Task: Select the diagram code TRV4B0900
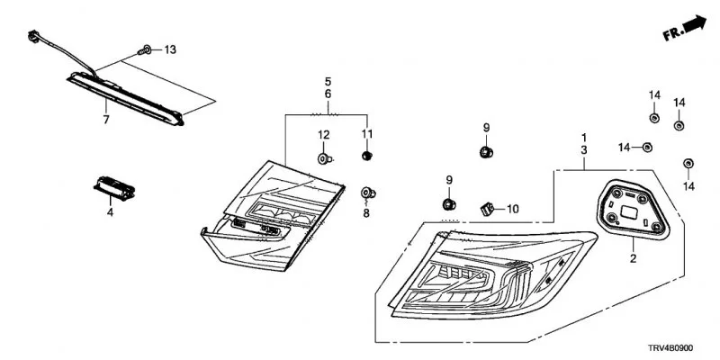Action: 670,348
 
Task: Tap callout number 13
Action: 170,49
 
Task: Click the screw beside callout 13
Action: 145,49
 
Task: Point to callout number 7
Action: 106,120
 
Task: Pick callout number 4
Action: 110,212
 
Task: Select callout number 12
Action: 324,135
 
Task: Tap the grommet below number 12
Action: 325,159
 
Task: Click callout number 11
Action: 367,134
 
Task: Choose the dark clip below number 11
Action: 366,156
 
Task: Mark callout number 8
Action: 366,213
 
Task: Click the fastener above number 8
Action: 368,193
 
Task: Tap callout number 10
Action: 512,210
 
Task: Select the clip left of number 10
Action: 487,210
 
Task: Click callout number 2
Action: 634,259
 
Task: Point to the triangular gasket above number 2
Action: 633,210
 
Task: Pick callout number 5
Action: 328,82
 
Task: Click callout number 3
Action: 584,149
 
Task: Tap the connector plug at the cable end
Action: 33,35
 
